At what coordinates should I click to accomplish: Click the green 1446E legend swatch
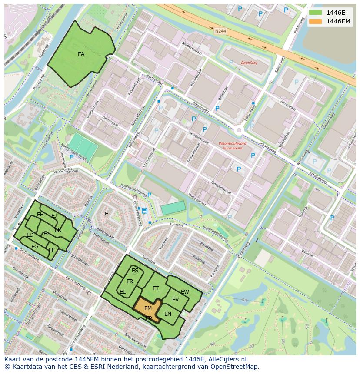tap(316, 12)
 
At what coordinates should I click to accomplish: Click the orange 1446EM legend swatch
tap(316, 21)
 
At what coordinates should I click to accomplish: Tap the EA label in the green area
tap(81, 54)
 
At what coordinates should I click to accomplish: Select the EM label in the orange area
tap(148, 308)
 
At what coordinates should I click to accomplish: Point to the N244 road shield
tap(220, 31)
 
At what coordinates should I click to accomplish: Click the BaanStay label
tap(249, 63)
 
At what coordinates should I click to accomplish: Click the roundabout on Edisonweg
tap(239, 130)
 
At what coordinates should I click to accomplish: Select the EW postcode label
tap(185, 292)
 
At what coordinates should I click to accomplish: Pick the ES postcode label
tap(135, 271)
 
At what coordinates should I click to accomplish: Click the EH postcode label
tap(40, 215)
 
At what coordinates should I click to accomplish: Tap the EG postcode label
tap(35, 247)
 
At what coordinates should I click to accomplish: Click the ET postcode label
tap(156, 288)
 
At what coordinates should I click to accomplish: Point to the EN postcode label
tap(168, 314)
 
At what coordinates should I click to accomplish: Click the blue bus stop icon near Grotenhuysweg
tap(144, 211)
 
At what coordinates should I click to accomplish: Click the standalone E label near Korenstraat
tap(107, 213)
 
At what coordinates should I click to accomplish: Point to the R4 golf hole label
tap(244, 300)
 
